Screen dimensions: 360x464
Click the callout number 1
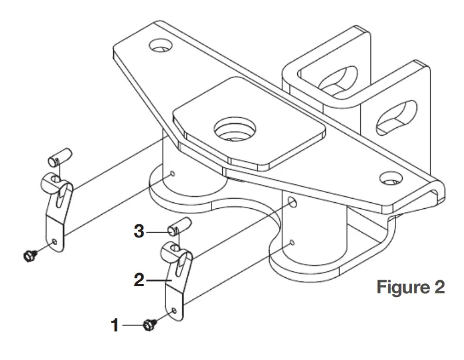pos(116,325)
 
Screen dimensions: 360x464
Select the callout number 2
pos(139,280)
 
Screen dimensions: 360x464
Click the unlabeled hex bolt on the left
pos(27,255)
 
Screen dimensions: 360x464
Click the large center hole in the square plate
pos(234,128)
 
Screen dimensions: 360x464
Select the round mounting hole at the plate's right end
pos(389,177)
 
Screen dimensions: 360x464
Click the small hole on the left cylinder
pos(172,174)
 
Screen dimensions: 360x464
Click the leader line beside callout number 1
pos(132,325)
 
